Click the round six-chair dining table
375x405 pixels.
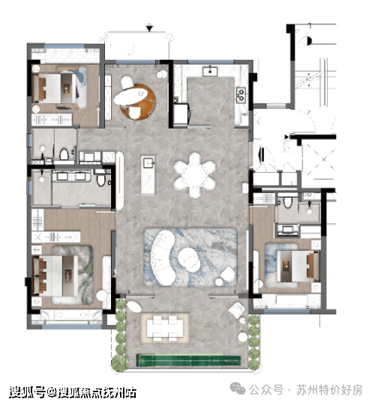tap(194, 175)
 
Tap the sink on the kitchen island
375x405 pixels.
tap(148, 162)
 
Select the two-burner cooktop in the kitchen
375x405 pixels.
tap(241, 95)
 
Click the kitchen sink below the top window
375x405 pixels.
tap(210, 71)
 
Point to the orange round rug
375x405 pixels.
tap(139, 102)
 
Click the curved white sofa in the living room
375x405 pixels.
tap(163, 258)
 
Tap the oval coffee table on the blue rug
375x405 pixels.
tap(189, 259)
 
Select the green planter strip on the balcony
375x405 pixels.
tap(189, 360)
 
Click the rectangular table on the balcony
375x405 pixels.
tap(164, 328)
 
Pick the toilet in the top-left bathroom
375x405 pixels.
tap(64, 154)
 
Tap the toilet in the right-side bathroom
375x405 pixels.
tap(287, 202)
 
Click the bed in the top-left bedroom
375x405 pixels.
tap(59, 88)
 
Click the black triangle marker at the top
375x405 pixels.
tap(149, 28)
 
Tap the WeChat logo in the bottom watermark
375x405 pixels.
tap(238, 389)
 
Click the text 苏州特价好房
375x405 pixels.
tap(329, 390)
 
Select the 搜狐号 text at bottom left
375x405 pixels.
tap(27, 392)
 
